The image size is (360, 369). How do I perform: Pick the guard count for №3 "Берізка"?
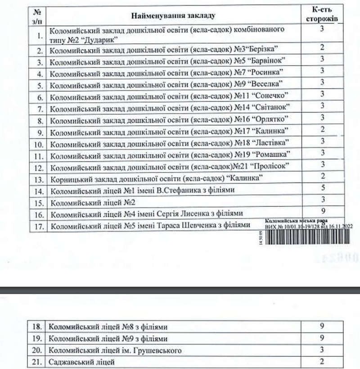[x=322, y=47]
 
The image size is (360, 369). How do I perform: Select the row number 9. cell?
[x=40, y=132]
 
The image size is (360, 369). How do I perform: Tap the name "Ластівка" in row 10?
[x=270, y=144]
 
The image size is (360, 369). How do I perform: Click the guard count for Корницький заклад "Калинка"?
[x=322, y=177]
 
